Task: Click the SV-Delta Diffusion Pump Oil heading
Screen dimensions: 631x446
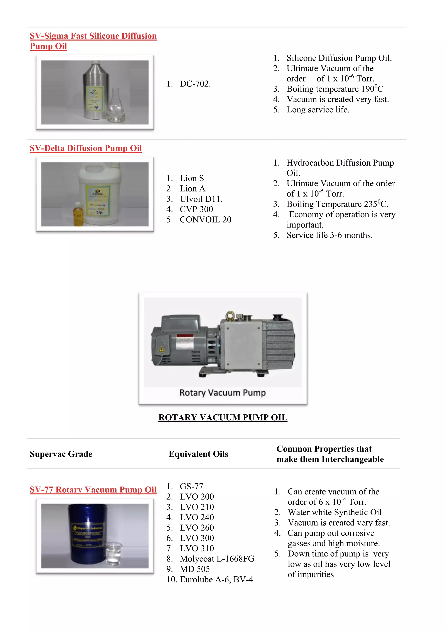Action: pos(86,148)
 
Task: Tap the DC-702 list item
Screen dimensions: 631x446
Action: pos(195,84)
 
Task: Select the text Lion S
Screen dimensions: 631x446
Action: pos(192,178)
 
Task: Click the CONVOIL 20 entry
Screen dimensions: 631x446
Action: pos(205,220)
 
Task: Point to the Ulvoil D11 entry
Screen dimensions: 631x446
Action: pos(201,199)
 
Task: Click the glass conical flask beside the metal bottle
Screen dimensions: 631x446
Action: pos(116,107)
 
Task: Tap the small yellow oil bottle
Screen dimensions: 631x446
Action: pos(78,214)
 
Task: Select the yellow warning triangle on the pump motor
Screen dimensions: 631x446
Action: pos(162,349)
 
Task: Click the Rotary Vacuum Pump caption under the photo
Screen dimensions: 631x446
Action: pos(222,393)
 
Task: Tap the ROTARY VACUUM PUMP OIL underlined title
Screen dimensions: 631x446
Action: pos(223,417)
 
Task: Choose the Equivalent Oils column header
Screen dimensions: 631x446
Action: pos(198,454)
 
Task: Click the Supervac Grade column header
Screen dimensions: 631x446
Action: pos(61,454)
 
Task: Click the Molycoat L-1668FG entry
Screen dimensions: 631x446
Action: pos(217,559)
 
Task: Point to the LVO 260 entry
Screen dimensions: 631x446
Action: pos(197,528)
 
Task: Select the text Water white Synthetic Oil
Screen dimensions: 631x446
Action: pos(334,512)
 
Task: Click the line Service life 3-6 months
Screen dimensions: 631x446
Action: pos(329,235)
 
